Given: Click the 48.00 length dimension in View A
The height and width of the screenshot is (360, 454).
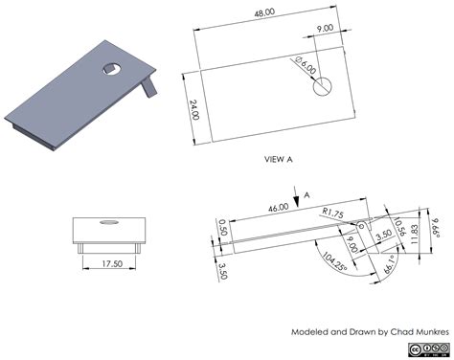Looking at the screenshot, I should coord(264,12).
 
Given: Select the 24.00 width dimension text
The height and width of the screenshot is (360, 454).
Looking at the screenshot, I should coord(193,109).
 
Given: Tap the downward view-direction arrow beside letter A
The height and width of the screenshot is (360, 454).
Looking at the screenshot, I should coord(296,196).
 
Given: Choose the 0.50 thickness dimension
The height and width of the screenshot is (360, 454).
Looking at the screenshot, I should coord(222,228).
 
